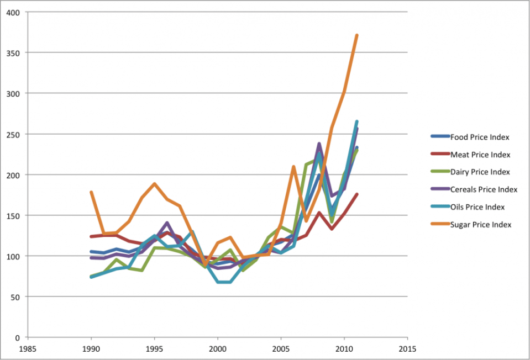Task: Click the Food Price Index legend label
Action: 480,137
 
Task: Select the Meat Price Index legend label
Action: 480,155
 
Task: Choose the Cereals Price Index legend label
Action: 484,189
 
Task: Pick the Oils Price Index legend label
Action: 477,207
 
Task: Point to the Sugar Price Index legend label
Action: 481,224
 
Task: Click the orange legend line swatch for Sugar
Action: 440,224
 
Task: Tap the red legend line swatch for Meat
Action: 440,155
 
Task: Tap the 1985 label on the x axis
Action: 28,349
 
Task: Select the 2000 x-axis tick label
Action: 218,349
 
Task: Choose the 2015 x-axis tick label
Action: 407,349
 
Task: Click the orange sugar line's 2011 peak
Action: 357,35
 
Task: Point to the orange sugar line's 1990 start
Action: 91,192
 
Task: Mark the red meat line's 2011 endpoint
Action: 357,194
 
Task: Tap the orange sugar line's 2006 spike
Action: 293,166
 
